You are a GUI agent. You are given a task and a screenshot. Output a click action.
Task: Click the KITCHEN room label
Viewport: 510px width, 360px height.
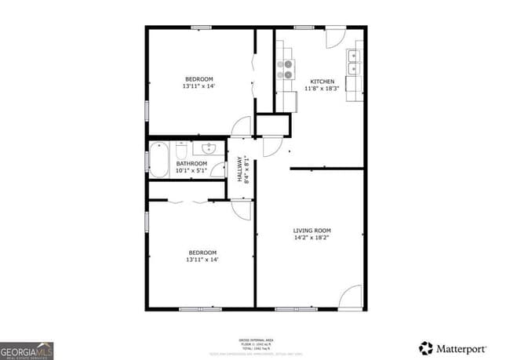pos(322,82)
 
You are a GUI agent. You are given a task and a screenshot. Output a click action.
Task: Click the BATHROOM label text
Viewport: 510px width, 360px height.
pos(191,163)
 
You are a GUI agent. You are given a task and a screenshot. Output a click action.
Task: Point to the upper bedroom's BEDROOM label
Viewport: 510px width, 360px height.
pos(199,79)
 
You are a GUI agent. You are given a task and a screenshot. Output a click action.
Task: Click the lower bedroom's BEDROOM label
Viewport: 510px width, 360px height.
pos(202,253)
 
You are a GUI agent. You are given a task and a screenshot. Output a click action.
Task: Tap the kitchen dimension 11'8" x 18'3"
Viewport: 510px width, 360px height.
pos(322,89)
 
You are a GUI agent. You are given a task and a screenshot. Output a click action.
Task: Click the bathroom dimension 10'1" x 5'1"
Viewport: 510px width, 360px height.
pos(191,170)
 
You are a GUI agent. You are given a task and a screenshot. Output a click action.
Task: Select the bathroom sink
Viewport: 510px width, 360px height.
pos(209,148)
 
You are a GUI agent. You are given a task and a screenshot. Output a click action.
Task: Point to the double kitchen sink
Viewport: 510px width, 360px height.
pos(355,56)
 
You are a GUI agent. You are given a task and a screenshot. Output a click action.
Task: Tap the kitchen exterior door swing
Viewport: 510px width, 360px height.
pos(334,38)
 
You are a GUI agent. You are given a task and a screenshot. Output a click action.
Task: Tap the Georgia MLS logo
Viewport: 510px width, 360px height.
pos(27,349)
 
